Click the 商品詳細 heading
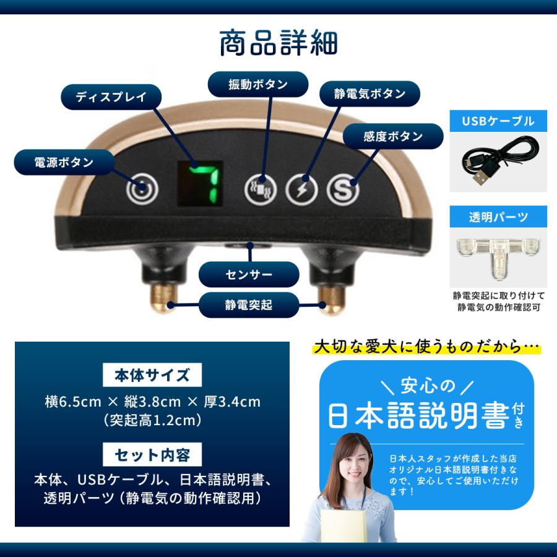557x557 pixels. click(x=278, y=43)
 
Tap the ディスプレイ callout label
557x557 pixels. click(x=111, y=97)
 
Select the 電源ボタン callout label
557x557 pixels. click(x=64, y=162)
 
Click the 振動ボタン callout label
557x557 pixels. click(x=258, y=84)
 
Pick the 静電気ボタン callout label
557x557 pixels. click(x=370, y=94)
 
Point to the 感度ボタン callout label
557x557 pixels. click(x=393, y=136)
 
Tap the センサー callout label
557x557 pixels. click(x=249, y=274)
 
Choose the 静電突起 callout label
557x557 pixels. click(x=249, y=304)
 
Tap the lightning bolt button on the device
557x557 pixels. click(x=302, y=190)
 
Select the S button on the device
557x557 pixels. click(x=343, y=190)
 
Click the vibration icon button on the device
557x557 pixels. click(x=261, y=190)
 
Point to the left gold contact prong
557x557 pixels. click(x=163, y=299)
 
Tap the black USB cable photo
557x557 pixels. click(x=498, y=162)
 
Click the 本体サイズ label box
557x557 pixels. click(x=152, y=375)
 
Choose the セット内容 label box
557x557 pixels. click(x=152, y=454)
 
